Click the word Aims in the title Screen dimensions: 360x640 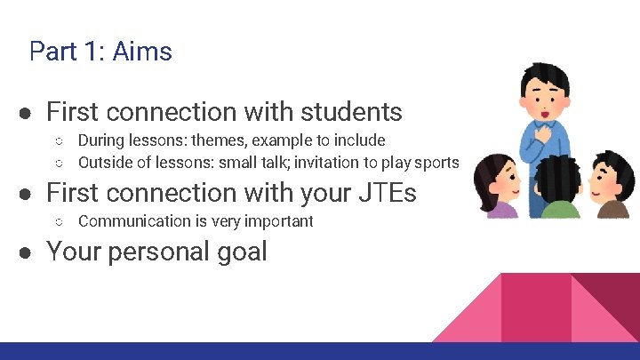click(142, 52)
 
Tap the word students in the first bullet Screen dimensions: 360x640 click(351, 112)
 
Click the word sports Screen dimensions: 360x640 click(437, 162)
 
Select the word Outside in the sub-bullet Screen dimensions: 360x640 click(105, 162)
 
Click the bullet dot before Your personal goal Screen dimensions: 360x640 click(28, 252)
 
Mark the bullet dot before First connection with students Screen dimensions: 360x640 click(28, 113)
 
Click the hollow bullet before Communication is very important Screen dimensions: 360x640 click(58, 221)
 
